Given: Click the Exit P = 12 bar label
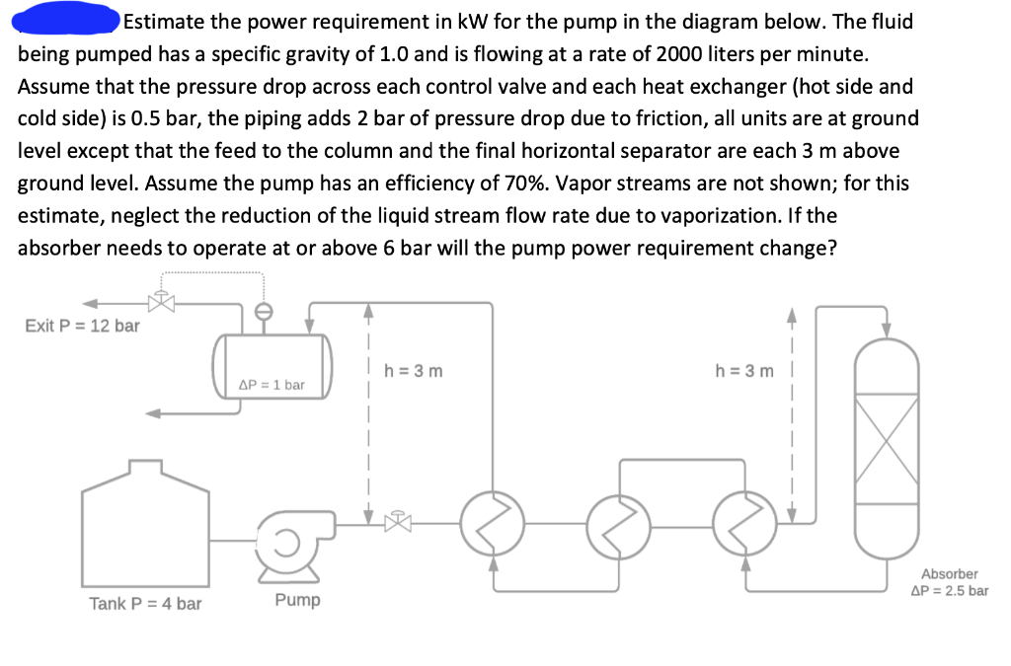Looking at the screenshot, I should click(x=82, y=326).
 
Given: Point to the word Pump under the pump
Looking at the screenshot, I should click(x=297, y=600).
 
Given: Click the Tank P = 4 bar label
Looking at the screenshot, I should click(x=145, y=603).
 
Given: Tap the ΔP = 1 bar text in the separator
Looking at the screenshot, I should click(x=272, y=384).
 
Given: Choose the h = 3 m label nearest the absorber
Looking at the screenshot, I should click(x=745, y=372).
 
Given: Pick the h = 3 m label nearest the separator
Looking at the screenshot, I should click(x=414, y=372).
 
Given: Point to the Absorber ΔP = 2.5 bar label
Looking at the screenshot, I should click(x=949, y=582).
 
